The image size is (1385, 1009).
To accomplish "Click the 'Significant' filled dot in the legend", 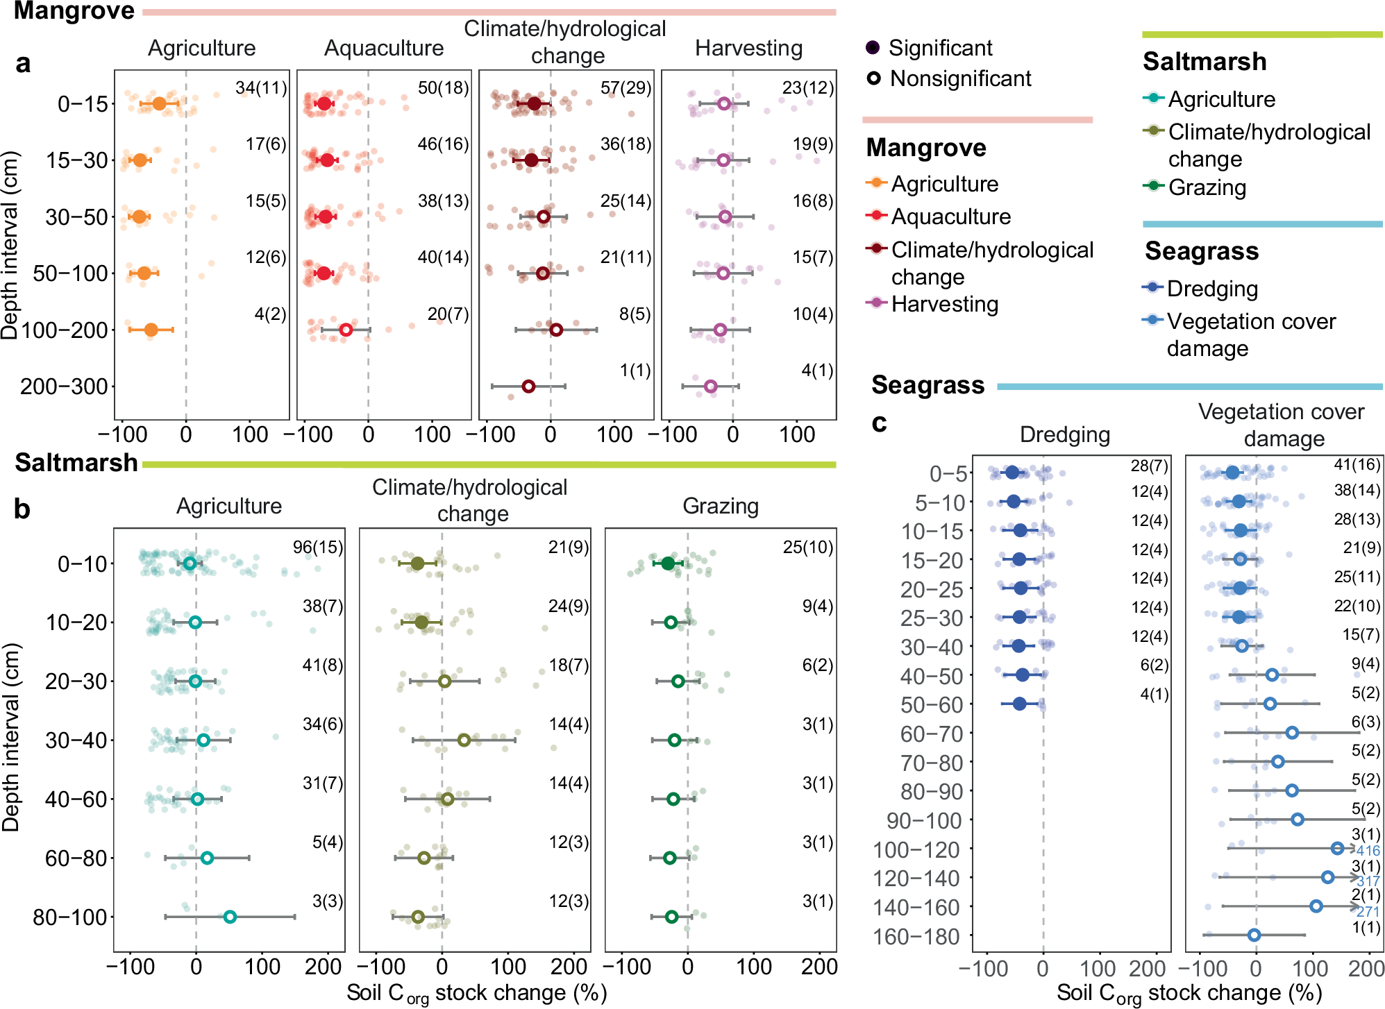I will pos(873,47).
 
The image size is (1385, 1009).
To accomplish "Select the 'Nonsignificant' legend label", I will pos(960,78).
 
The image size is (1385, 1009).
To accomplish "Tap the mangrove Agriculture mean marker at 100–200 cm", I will pos(151,330).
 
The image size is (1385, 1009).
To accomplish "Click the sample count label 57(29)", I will pos(626,87).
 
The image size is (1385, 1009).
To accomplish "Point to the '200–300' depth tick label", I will pos(64,387).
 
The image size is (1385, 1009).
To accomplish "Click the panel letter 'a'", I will pos(23,63).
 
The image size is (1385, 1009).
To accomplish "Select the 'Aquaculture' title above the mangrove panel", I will pos(384,48).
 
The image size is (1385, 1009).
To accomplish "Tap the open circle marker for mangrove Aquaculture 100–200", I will pos(346,330).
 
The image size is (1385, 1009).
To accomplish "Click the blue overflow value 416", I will pos(1368,851).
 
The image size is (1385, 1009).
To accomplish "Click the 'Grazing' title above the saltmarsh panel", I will pos(720,506).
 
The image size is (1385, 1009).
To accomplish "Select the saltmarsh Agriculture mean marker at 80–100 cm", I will pos(230,917).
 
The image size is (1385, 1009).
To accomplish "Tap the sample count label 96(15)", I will pos(318,547).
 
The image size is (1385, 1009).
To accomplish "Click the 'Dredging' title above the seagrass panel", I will pos(1064,434).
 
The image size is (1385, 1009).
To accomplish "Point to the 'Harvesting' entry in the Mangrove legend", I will pos(944,304).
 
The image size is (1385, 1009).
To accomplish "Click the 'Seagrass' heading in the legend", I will pos(1201,251).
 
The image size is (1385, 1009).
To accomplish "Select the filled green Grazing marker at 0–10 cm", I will pos(668,563).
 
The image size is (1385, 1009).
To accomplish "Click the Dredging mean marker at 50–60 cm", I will pos(1019,704).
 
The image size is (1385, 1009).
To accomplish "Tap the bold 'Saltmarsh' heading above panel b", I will pos(76,462).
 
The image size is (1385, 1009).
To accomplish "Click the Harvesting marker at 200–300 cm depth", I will pos(710,387).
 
